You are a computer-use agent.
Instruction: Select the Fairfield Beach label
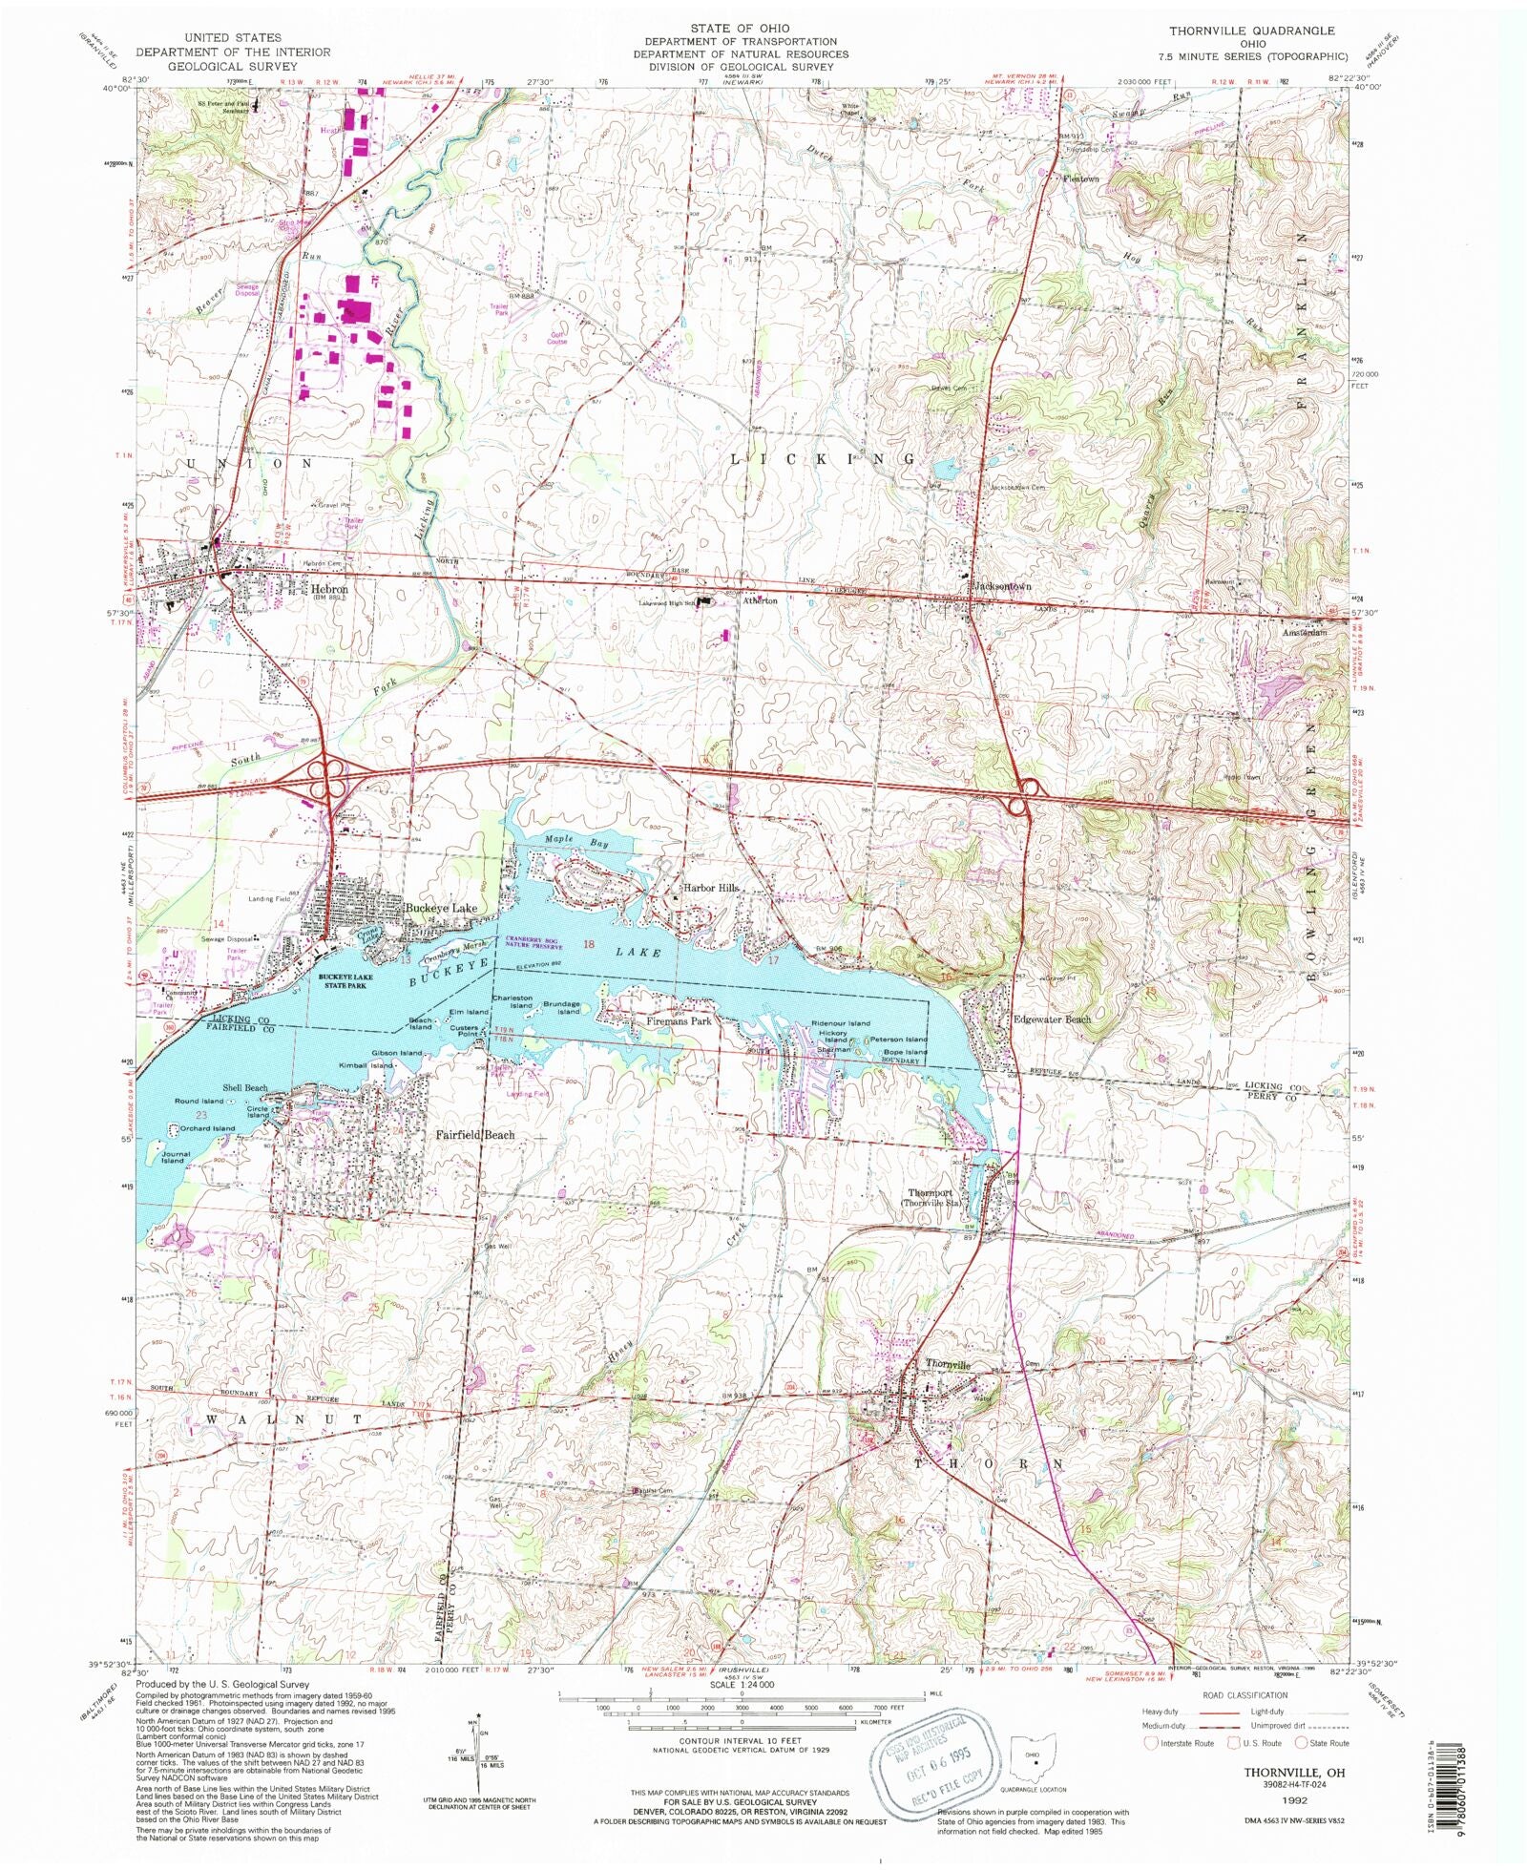(474, 1135)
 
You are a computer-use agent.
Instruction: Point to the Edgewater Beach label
(1051, 1019)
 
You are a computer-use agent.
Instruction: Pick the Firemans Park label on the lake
(679, 1021)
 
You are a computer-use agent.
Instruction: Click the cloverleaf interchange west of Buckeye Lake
(325, 775)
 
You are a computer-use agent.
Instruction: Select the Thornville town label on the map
(947, 1365)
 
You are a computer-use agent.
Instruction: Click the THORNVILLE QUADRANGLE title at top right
(1252, 32)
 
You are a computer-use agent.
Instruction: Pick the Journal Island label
(172, 1157)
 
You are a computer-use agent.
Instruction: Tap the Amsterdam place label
(1304, 633)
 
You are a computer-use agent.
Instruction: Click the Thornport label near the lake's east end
(930, 1193)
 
